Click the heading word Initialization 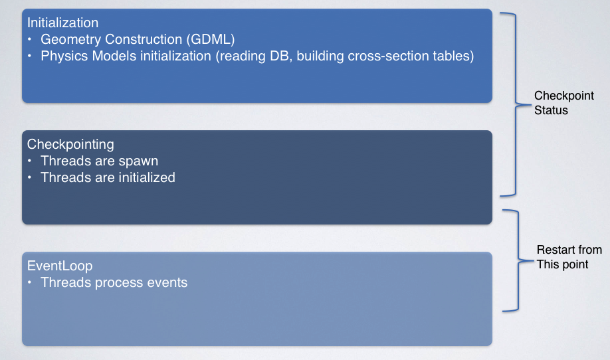pos(62,23)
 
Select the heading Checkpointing pos(70,144)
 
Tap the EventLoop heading pos(60,266)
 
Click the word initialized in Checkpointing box pos(147,177)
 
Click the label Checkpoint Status pos(563,103)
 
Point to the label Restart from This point pos(569,257)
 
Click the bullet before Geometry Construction pos(29,39)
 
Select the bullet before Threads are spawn pos(29,161)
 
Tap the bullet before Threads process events pos(29,282)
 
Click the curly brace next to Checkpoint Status pos(516,104)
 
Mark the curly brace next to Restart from pos(518,260)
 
